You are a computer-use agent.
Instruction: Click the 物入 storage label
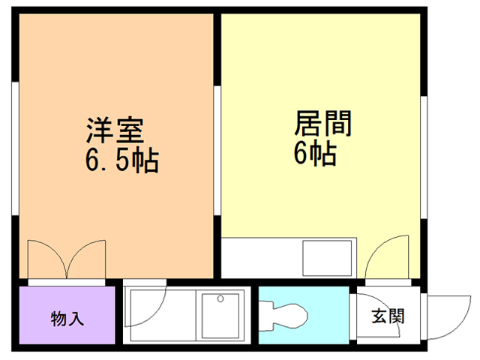(67, 317)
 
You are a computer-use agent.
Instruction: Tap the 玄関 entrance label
(388, 316)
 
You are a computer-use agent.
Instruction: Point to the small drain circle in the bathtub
(220, 298)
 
